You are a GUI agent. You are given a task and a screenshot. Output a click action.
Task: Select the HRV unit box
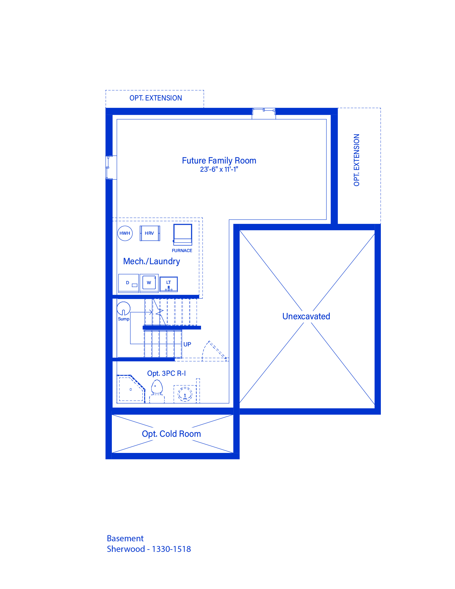pos(150,233)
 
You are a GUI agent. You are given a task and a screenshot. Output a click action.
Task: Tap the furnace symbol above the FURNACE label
pos(183,235)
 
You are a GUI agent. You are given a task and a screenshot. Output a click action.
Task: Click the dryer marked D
pos(129,283)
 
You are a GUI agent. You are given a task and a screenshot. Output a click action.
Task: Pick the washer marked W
pos(149,283)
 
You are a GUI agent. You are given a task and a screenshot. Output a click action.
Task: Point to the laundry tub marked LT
pos(169,284)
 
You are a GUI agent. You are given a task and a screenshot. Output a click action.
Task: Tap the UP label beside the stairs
pos(187,344)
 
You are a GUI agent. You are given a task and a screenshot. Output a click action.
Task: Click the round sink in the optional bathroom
pos(185,394)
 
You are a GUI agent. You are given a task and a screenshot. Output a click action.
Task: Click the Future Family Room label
pos(219,161)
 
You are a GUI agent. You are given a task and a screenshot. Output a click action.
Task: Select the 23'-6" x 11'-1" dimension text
pos(219,169)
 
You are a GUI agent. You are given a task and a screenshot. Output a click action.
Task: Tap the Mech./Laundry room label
pos(152,261)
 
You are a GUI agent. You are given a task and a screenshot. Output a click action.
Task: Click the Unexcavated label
pos(306,316)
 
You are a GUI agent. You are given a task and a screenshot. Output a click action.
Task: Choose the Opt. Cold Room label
pos(171,434)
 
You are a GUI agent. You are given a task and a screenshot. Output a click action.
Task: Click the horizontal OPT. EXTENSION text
pos(156,98)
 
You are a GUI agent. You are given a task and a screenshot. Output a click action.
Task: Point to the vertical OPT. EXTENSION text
pos(356,160)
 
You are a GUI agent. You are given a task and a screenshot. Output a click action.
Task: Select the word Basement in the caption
pos(125,538)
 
